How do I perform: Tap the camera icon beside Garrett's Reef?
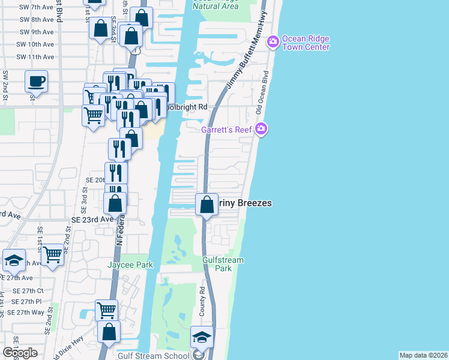point(261,128)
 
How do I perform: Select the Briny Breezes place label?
point(246,203)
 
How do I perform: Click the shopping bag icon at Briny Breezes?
point(206,205)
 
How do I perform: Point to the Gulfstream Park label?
point(223,264)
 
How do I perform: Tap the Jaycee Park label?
point(130,265)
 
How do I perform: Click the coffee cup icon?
point(36,81)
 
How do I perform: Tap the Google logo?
point(20,353)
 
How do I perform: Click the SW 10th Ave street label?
point(37,44)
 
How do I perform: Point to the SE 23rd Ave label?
point(92,220)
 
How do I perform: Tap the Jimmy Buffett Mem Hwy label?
point(246,52)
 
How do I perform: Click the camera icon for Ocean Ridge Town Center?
point(273,40)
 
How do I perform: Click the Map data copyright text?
point(423,355)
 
